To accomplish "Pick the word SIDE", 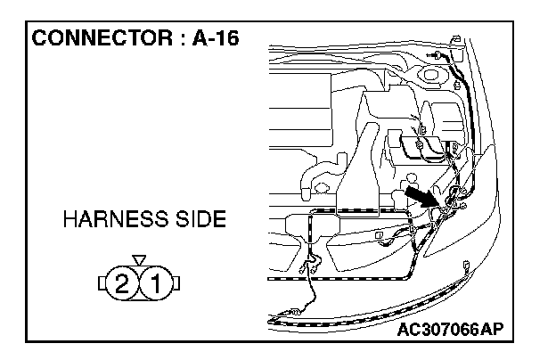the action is (x=196, y=220).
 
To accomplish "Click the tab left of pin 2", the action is (x=102, y=284).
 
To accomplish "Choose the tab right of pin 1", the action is (x=176, y=284).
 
